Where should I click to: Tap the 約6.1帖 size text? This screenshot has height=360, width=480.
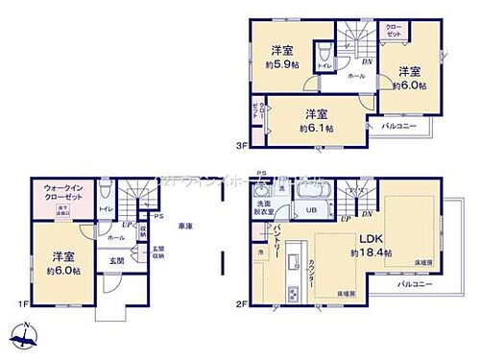314,127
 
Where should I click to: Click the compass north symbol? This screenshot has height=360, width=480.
24,336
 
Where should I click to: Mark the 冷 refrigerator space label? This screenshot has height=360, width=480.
260,252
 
